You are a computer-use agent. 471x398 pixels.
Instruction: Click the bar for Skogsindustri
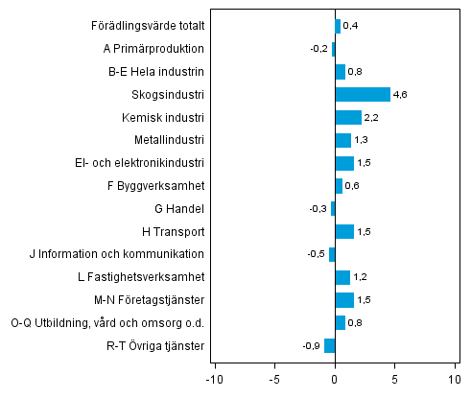click(363, 94)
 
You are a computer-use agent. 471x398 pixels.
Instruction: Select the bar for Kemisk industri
click(348, 117)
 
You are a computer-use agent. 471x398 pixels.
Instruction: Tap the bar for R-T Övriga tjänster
click(329, 346)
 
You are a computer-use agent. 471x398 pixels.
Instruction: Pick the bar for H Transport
click(344, 231)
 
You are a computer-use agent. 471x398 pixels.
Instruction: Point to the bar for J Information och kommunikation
click(332, 254)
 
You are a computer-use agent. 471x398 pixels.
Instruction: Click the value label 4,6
click(401, 95)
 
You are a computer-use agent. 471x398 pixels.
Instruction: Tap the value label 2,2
click(372, 118)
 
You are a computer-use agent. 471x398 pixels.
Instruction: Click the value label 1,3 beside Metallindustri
click(362, 141)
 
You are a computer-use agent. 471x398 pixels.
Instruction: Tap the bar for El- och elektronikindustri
click(344, 163)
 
